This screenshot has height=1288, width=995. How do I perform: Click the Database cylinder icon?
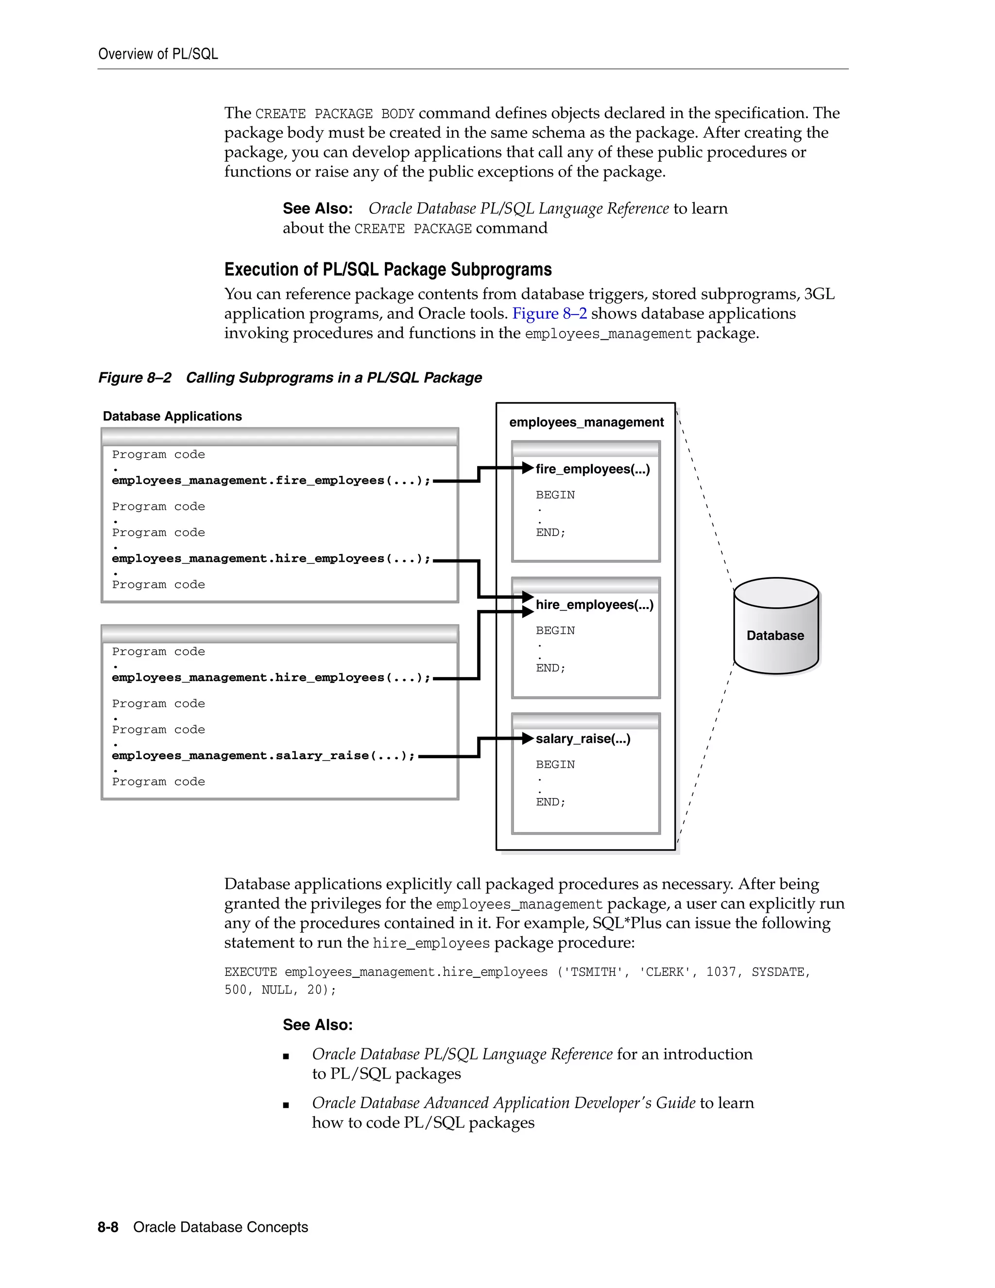click(776, 627)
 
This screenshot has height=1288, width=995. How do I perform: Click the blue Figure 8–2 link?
click(549, 314)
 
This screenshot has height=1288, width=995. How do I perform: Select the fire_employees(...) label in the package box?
click(592, 469)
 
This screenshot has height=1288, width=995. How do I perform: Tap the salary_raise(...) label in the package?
click(583, 739)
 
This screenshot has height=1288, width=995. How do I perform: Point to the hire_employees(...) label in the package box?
click(594, 605)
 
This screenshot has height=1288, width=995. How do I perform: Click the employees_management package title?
click(586, 422)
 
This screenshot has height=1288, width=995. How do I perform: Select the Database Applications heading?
click(172, 417)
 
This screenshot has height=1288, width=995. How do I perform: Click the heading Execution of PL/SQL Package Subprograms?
click(388, 270)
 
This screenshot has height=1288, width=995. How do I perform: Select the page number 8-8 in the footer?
click(108, 1227)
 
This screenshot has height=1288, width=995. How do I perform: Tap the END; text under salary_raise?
click(550, 802)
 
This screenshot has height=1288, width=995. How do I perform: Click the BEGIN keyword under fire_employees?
click(555, 495)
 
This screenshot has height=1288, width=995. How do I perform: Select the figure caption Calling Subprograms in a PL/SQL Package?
click(334, 378)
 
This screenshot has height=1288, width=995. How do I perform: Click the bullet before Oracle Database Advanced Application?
click(286, 1105)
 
